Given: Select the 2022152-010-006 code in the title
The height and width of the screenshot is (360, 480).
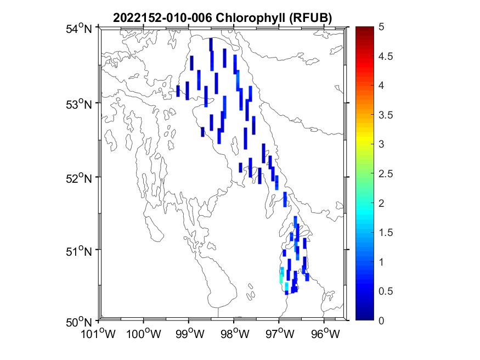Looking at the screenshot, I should [162, 18].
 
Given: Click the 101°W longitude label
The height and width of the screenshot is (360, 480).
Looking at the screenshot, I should [99, 333].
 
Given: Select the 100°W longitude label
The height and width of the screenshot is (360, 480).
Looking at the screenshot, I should [144, 333].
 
